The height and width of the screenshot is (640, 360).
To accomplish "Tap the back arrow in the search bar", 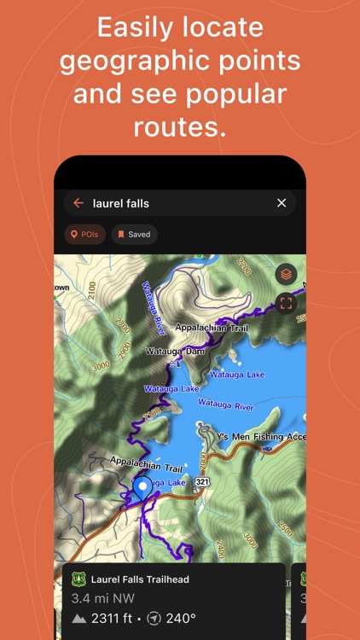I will pyautogui.click(x=78, y=203).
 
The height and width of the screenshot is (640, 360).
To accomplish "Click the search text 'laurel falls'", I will pyautogui.click(x=120, y=203).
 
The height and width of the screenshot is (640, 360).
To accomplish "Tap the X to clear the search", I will pyautogui.click(x=282, y=203).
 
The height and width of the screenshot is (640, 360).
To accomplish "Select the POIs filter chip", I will pyautogui.click(x=85, y=235).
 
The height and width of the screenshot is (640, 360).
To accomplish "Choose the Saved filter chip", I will pyautogui.click(x=134, y=235).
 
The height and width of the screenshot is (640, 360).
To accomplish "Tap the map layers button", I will pyautogui.click(x=286, y=275).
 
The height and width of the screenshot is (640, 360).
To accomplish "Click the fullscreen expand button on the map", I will pyautogui.click(x=286, y=302).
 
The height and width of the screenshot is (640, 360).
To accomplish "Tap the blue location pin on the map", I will pyautogui.click(x=142, y=487).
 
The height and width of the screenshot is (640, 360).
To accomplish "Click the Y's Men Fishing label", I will pyautogui.click(x=260, y=437).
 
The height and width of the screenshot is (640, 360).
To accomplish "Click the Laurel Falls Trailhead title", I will pyautogui.click(x=140, y=579).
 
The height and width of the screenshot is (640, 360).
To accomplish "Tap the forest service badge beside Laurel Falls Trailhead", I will pyautogui.click(x=78, y=579).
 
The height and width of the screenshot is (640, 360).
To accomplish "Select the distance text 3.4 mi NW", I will pyautogui.click(x=102, y=598).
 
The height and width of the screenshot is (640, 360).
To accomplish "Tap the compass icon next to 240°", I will pyautogui.click(x=153, y=618).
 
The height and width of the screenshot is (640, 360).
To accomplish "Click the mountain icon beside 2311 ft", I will pyautogui.click(x=79, y=618).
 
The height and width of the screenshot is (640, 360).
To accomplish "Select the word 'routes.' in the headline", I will pyautogui.click(x=179, y=126).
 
